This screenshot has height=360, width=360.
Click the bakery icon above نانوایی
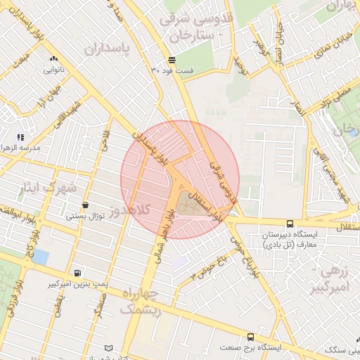[54, 59]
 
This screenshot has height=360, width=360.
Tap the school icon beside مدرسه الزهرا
[21, 136]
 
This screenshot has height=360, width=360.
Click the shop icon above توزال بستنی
[86, 205]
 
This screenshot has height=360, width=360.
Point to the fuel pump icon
[77, 273]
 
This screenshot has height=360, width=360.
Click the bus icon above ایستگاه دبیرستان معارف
[290, 223]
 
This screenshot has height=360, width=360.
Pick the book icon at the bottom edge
[108, 348]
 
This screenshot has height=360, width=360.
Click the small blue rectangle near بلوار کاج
[41, 257]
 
